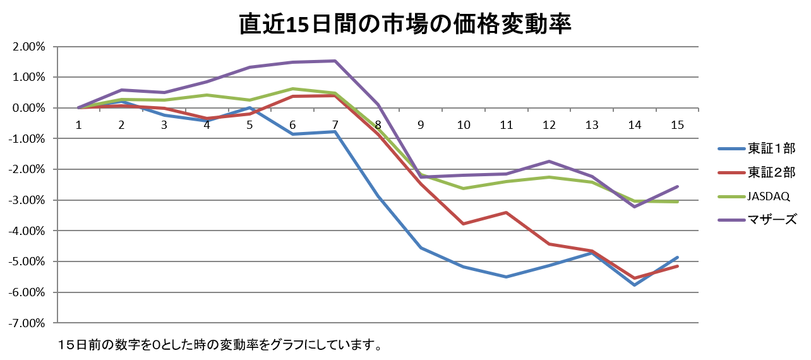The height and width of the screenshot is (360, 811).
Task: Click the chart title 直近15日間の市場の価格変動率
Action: [405, 24]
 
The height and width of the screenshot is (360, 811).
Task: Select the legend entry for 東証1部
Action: [757, 148]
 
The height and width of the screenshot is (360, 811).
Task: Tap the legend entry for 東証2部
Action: [757, 172]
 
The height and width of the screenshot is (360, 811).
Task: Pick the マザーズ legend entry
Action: [757, 220]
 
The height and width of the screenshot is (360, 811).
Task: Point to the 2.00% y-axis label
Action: [29, 47]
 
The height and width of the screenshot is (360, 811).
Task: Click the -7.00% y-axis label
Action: [27, 323]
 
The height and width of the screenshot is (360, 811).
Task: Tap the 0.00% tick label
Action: [29, 108]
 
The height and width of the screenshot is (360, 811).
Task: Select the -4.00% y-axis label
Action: [27, 231]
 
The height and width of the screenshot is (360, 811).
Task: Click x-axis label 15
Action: [677, 125]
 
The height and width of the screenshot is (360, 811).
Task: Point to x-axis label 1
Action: [78, 125]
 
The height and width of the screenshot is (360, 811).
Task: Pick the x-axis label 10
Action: [464, 125]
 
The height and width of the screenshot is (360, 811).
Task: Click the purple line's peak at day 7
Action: [335, 61]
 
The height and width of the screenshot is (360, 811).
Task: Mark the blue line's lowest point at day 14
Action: [635, 285]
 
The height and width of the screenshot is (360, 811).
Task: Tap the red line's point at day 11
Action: [506, 212]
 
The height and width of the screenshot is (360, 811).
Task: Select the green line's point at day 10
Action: [464, 188]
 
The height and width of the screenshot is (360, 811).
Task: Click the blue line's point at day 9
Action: [421, 248]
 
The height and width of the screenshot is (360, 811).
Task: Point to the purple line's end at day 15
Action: [677, 186]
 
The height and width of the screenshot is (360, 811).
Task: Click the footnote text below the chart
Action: [220, 345]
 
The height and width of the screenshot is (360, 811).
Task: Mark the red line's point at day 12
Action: [549, 244]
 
